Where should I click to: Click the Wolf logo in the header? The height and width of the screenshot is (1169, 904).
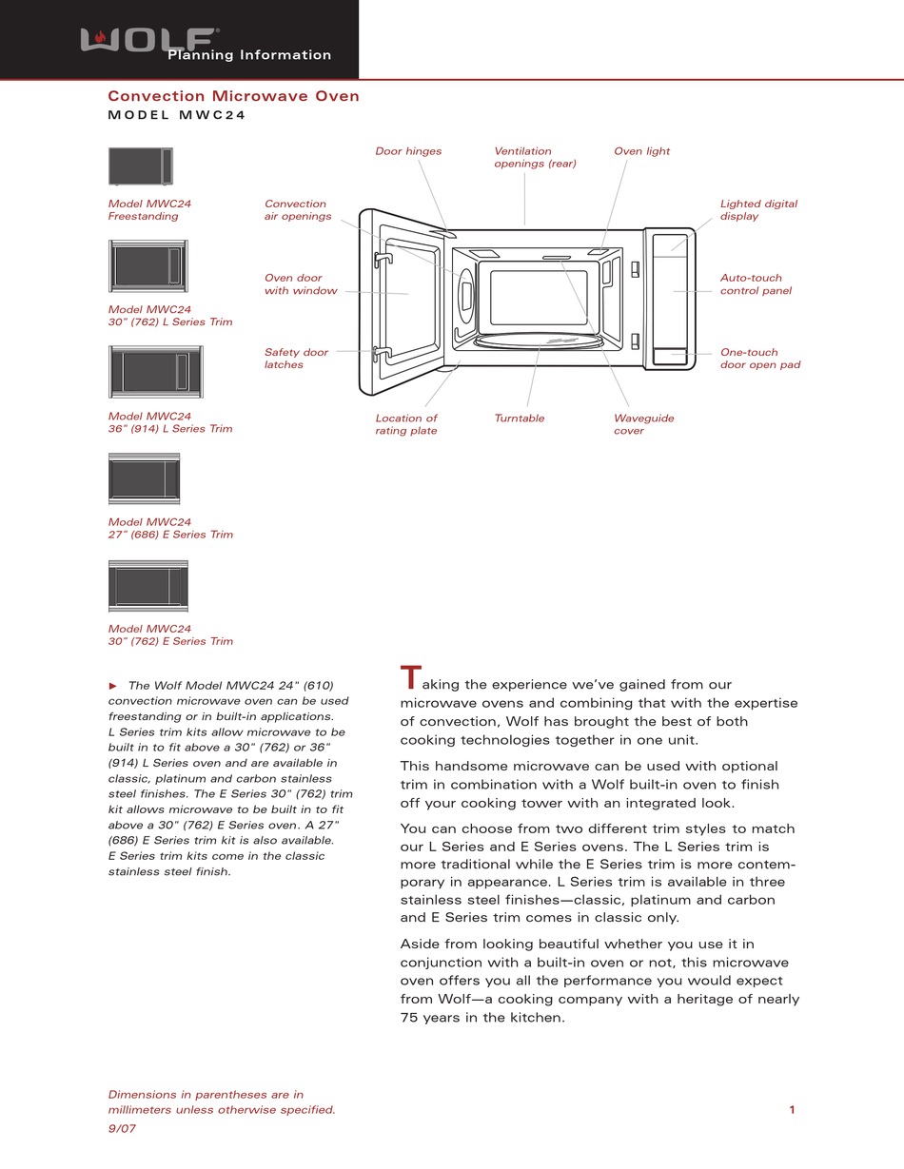(147, 39)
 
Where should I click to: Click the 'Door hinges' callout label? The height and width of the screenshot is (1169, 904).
(408, 151)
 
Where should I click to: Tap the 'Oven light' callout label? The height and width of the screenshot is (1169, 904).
(641, 151)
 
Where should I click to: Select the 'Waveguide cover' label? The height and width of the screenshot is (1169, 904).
(643, 424)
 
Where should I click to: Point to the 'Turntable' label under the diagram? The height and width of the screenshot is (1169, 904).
(520, 419)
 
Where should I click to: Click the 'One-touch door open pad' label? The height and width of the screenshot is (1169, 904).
(759, 359)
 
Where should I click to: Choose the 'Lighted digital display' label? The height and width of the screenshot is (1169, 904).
(758, 210)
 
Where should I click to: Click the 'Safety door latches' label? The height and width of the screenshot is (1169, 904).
(296, 359)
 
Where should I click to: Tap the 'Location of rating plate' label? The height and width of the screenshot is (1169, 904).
(406, 424)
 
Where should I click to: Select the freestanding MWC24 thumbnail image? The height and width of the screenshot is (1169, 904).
(140, 166)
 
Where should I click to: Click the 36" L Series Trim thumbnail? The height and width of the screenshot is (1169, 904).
(155, 372)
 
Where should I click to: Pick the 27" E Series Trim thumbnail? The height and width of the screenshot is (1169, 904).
(144, 478)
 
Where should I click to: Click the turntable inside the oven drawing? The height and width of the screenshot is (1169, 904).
(538, 341)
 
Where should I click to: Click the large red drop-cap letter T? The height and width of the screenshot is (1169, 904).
(410, 678)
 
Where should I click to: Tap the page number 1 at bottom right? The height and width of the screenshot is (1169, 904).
(792, 1109)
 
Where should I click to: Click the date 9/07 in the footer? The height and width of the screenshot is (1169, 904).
(122, 1128)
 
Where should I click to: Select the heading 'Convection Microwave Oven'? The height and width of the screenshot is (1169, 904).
(233, 96)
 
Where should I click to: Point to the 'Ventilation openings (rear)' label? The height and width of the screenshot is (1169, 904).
(535, 157)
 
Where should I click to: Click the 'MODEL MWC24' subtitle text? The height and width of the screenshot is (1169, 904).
(177, 116)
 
